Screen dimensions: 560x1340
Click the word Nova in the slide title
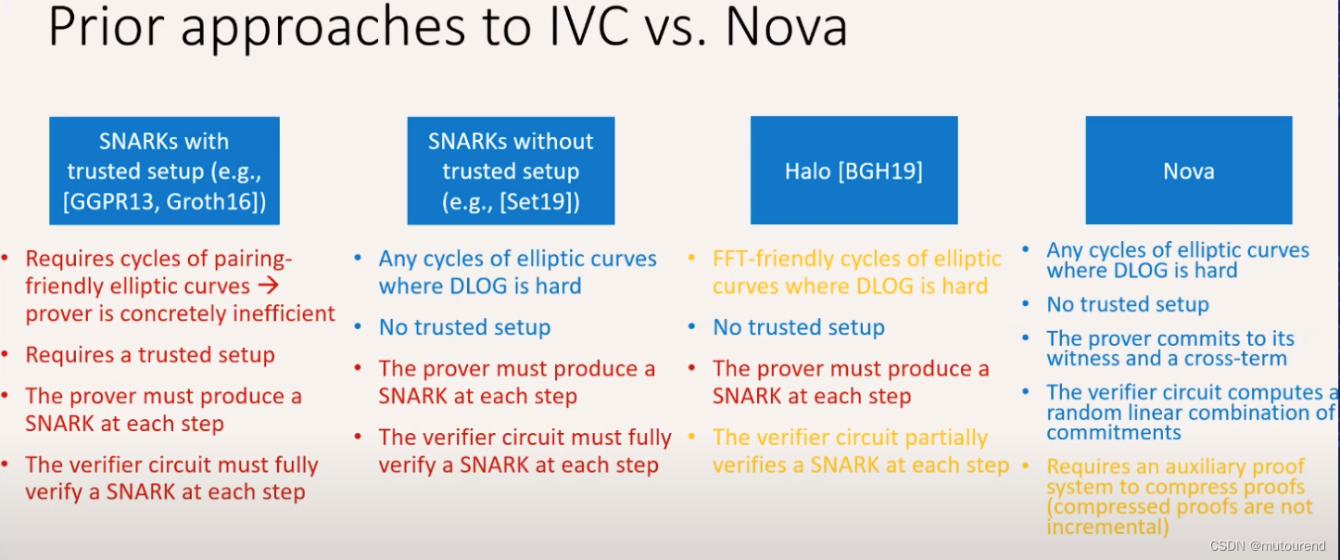[x=786, y=28]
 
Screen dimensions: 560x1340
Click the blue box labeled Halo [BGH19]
[x=853, y=171]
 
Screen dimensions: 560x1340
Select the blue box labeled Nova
[x=1188, y=171]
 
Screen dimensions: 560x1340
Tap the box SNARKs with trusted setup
[x=164, y=171]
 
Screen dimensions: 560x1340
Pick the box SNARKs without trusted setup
[x=511, y=171]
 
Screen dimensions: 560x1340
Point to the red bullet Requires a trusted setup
[x=150, y=355]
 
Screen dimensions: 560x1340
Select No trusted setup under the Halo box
[x=798, y=327]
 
